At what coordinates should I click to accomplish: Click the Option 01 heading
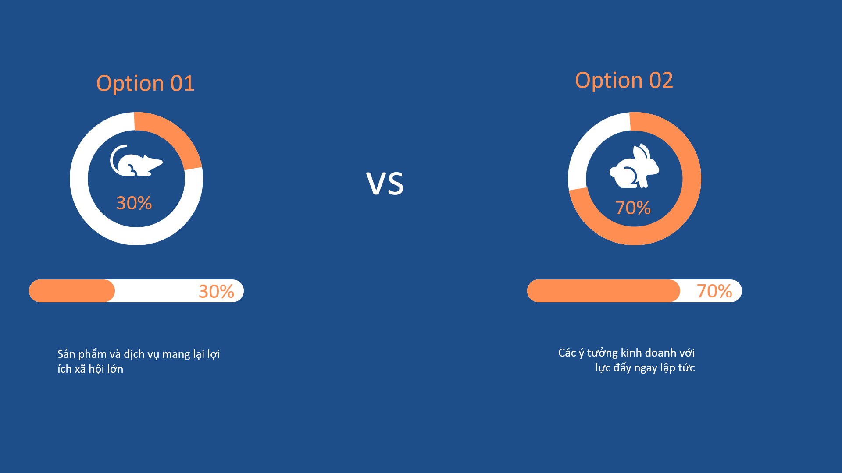(x=145, y=83)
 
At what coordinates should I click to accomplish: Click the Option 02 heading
(x=624, y=80)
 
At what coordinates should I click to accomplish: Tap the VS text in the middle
(x=385, y=184)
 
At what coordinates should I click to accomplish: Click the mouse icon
(x=136, y=161)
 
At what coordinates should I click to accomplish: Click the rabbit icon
(x=634, y=166)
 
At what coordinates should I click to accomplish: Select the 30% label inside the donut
(x=134, y=203)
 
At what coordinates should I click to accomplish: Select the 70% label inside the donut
(x=633, y=208)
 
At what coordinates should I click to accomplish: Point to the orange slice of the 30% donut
(x=175, y=136)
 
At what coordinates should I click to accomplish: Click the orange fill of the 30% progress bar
(x=72, y=291)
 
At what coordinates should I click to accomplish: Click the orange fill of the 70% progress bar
(x=603, y=291)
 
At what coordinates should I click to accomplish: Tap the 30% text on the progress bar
(x=216, y=291)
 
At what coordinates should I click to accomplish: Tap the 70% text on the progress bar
(x=714, y=291)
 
